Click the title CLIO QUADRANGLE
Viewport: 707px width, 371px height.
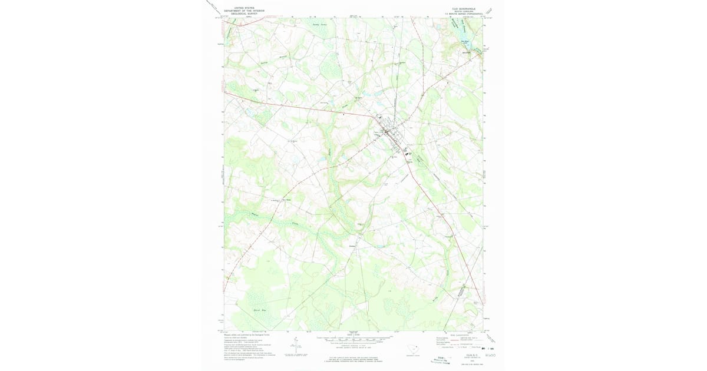463,8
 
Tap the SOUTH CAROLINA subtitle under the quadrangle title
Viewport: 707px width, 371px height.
463,11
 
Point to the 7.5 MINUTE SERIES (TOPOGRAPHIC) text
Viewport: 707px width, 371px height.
463,14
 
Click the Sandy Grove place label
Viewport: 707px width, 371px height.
319,25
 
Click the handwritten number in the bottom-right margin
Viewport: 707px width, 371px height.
490,355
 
